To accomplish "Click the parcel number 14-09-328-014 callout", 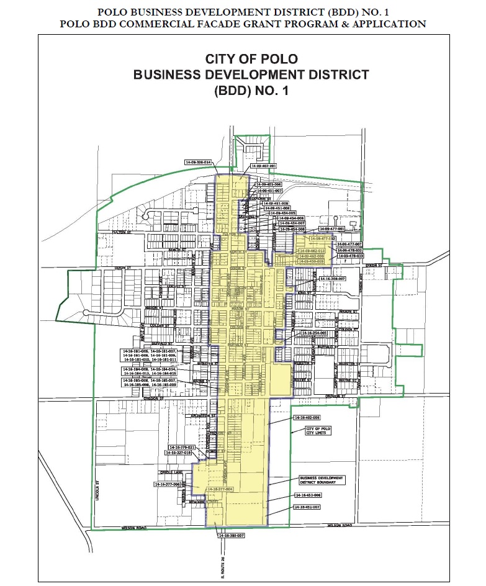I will coord(199,162).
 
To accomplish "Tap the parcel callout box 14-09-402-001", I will coord(263,166).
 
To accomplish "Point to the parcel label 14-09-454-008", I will coord(291,219).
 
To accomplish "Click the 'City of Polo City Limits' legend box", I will coord(318,431).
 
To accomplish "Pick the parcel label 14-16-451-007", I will coord(307,507).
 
